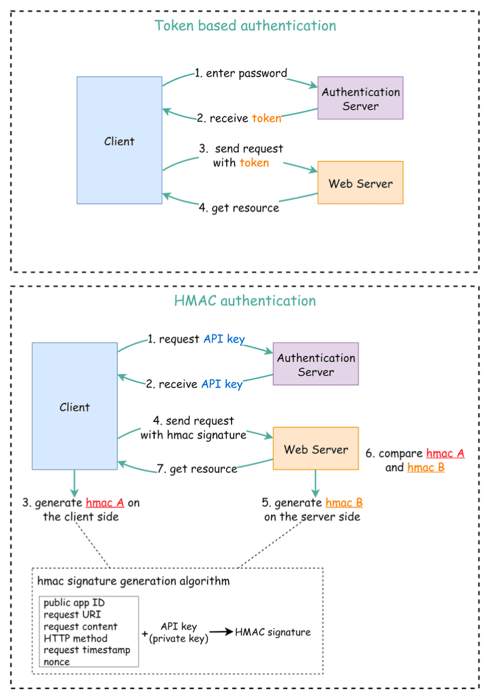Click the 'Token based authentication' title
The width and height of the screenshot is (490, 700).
point(245,26)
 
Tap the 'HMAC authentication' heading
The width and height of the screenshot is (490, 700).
point(245,301)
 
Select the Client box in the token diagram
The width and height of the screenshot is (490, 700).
point(120,140)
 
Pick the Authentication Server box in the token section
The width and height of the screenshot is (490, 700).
point(360,98)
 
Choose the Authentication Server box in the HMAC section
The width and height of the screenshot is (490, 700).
point(316,364)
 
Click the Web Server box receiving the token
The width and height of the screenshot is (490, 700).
point(360,183)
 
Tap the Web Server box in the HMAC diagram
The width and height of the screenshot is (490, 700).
point(316,449)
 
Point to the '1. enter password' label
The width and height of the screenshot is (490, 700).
point(241,74)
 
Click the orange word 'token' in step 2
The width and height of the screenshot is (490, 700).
point(267,118)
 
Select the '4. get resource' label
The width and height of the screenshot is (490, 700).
point(239,208)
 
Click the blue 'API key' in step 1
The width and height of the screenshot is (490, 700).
point(224,339)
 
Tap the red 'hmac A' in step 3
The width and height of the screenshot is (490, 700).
point(106,503)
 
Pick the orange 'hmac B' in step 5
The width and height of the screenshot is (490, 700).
point(344,503)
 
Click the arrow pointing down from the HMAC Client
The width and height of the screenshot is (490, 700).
point(74,482)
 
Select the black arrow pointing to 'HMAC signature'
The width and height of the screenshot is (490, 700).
point(222,632)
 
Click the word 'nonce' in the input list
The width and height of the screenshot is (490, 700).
point(57,662)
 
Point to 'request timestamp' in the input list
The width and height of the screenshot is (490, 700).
point(87,650)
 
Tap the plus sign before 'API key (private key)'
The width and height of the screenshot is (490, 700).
point(145,634)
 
